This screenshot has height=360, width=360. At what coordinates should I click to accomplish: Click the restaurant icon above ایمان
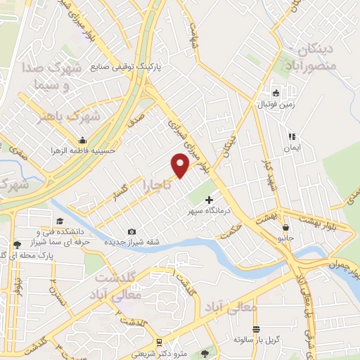(292, 137)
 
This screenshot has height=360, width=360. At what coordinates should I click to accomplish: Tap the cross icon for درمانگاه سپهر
(208, 200)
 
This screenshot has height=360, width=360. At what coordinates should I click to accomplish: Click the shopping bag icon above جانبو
(285, 227)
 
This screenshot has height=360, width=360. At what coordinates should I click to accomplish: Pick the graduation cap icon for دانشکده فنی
(39, 230)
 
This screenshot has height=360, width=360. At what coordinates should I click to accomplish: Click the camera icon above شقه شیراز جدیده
(131, 231)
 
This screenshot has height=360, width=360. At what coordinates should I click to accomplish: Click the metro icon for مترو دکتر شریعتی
(160, 342)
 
